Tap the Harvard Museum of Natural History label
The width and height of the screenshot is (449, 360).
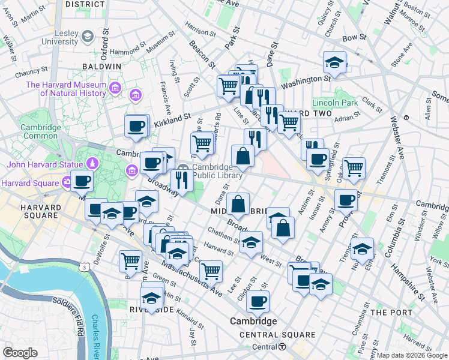[66, 89]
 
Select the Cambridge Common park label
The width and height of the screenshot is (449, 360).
[40, 132]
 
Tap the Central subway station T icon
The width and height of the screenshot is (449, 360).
[282, 347]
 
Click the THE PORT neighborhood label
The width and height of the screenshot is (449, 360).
[391, 313]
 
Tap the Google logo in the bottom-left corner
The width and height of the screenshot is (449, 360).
[20, 352]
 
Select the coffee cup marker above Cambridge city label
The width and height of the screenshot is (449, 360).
[258, 301]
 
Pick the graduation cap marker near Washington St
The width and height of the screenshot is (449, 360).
[334, 62]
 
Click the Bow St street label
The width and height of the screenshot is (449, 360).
[354, 37]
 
